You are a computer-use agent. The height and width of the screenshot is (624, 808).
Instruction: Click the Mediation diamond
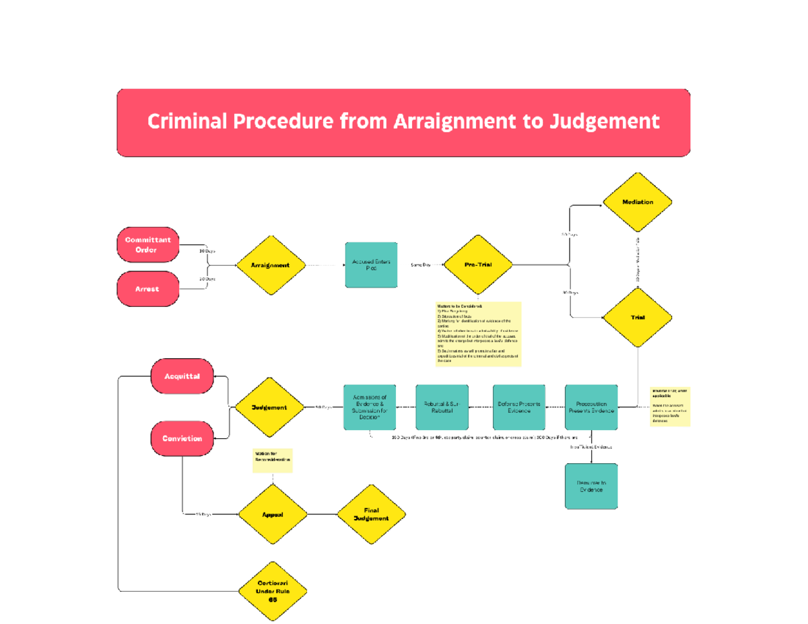(x=637, y=202)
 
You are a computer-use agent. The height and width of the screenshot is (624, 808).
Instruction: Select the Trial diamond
(x=637, y=317)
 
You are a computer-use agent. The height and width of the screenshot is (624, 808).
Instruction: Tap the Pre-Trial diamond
(x=478, y=265)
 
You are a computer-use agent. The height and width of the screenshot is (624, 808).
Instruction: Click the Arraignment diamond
(x=270, y=265)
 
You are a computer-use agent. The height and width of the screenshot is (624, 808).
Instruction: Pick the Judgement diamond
(x=269, y=407)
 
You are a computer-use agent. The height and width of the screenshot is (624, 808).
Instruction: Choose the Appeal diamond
(x=272, y=515)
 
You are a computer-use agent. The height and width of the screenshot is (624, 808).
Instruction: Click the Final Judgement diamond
(x=372, y=515)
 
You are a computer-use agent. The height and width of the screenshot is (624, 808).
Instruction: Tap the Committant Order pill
(x=147, y=245)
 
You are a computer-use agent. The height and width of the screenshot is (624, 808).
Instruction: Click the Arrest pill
(x=147, y=289)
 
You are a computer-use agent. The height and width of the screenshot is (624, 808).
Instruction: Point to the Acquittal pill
(x=182, y=376)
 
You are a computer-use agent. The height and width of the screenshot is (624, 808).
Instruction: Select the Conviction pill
(x=182, y=438)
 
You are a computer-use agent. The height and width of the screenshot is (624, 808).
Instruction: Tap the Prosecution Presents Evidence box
(x=591, y=407)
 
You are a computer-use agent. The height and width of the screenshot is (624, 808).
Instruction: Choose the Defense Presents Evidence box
(x=518, y=407)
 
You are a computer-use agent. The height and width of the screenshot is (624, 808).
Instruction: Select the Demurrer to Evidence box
(x=591, y=486)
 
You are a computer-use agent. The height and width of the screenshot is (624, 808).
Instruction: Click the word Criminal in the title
(x=187, y=122)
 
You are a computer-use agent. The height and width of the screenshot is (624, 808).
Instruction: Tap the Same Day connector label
(x=421, y=265)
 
